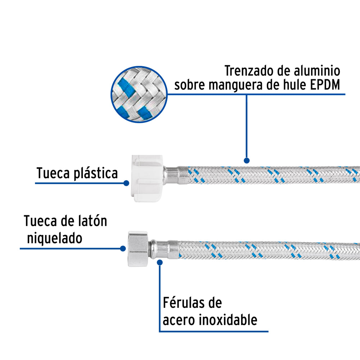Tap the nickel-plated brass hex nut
[x=138, y=249]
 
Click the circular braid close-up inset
[x=139, y=94]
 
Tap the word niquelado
[x=55, y=238]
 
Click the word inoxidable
[x=228, y=320]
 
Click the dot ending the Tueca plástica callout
[x=126, y=183]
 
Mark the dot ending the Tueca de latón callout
[x=123, y=248]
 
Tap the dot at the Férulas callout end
[x=160, y=262]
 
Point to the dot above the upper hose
[x=247, y=160]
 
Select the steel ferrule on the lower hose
[x=164, y=249]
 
